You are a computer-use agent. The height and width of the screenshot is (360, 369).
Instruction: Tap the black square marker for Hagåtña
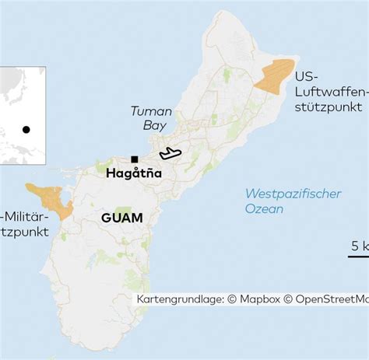click(x=135, y=159)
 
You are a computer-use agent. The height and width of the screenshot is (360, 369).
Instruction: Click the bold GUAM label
click(x=122, y=218)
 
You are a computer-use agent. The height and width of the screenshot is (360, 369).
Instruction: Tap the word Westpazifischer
click(x=293, y=194)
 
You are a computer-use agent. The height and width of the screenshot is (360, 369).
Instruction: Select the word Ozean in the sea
click(x=264, y=208)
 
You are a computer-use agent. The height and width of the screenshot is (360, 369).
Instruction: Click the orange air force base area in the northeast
click(x=277, y=76)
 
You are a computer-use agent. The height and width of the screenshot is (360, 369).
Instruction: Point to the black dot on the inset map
click(x=26, y=130)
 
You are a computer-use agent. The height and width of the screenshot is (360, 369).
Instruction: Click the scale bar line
click(x=358, y=256)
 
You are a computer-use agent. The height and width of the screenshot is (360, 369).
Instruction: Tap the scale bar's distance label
click(x=360, y=245)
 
